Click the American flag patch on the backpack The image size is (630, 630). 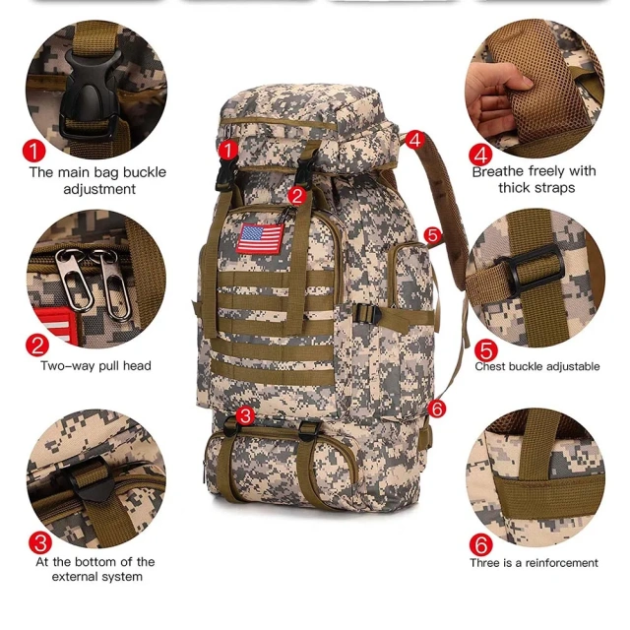pyautogui.click(x=261, y=237)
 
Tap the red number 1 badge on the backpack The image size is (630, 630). pyautogui.click(x=226, y=150)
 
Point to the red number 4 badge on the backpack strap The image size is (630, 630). pyautogui.click(x=414, y=140)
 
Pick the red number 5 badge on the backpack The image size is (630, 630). pyautogui.click(x=431, y=234)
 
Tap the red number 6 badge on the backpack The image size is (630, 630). pyautogui.click(x=437, y=407)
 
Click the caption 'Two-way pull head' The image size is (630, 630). pyautogui.click(x=95, y=365)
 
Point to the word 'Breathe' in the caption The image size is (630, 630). pyautogui.click(x=501, y=171)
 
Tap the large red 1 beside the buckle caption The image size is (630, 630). pyautogui.click(x=35, y=151)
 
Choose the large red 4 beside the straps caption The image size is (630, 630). pyautogui.click(x=480, y=155)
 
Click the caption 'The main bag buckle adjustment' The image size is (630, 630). pyautogui.click(x=97, y=180)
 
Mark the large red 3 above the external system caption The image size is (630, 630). pyautogui.click(x=40, y=541)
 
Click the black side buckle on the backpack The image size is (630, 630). pyautogui.click(x=371, y=314)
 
